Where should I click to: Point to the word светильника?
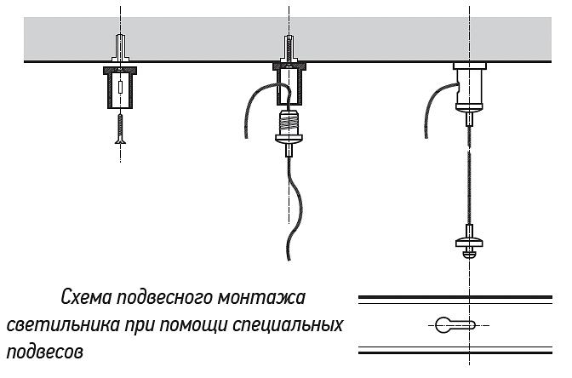pos(60,326)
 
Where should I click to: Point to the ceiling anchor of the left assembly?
pos(121,49)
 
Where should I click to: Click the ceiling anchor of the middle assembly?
pos(289,49)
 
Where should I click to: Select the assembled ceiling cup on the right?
pos(469,86)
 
